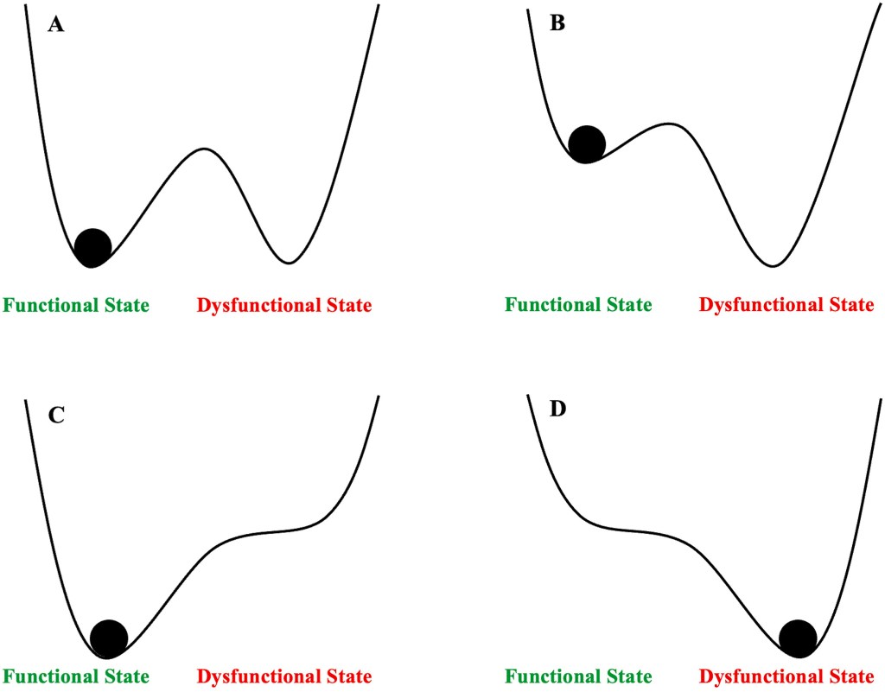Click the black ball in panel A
92,247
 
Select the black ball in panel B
588,144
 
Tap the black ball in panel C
109,638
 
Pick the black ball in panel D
798,638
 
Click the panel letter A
56,24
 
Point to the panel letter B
558,24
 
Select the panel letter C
56,415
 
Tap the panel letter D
558,408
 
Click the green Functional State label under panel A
76,305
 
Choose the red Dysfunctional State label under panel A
284,305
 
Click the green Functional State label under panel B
578,305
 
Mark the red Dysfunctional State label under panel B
786,305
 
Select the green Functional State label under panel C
76,676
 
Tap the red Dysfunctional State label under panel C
284,676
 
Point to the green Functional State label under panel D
578,676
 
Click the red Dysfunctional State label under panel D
786,676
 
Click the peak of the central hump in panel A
203,149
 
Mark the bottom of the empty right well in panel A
290,262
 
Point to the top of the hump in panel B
670,124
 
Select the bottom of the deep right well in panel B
774,265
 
